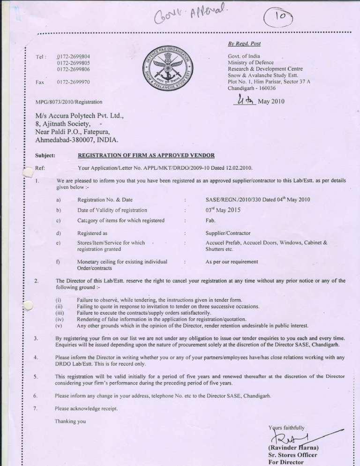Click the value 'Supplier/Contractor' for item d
pos(228,233)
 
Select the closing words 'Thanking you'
pos(70,421)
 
